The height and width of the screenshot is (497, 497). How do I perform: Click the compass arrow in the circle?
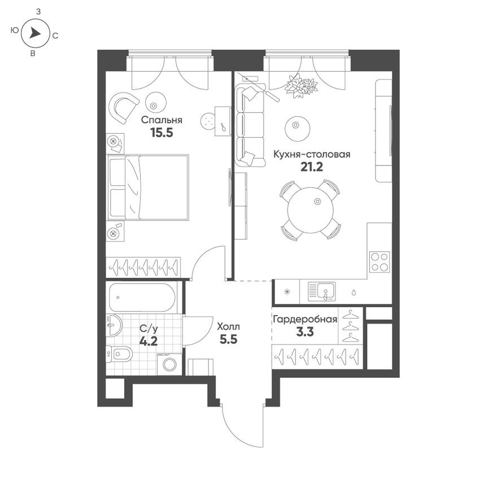coord(35,34)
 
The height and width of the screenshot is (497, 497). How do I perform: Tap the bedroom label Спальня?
coord(162,120)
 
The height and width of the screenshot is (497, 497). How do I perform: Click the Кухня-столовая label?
coord(312,154)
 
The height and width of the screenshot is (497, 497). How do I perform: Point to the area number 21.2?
coord(311,167)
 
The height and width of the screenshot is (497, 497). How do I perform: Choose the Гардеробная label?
coord(305,319)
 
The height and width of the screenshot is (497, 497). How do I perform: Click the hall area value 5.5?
coord(229,340)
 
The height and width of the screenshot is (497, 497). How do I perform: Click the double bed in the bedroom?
coord(148,187)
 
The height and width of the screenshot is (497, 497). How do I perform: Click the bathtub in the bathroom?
coord(142,297)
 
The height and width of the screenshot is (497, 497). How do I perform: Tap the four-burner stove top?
coord(380,262)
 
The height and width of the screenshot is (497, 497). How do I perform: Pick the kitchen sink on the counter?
coord(321,291)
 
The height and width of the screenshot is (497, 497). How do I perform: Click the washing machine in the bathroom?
coord(169,364)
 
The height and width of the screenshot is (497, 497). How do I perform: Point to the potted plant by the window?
coord(300,86)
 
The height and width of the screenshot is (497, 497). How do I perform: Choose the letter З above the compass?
coord(38,11)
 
